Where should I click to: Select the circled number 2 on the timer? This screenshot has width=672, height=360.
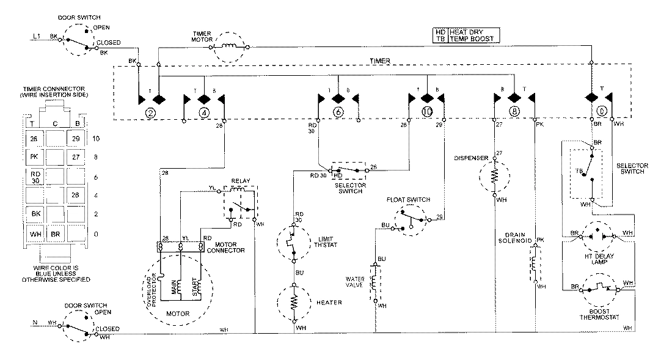pyautogui.click(x=149, y=112)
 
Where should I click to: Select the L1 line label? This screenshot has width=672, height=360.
pyautogui.click(x=36, y=36)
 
